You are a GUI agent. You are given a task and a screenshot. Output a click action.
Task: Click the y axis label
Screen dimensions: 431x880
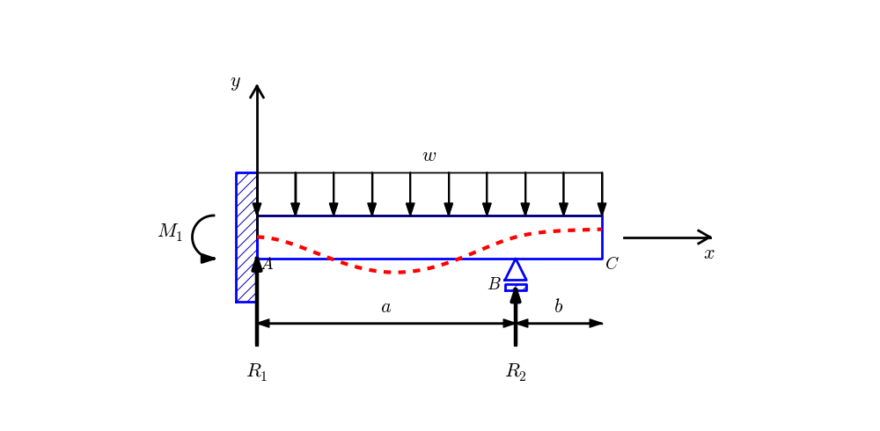235,83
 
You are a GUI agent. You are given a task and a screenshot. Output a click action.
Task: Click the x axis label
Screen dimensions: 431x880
708,254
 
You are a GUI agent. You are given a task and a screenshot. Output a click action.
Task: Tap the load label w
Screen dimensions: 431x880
429,157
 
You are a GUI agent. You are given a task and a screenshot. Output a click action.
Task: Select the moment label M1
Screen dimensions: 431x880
170,232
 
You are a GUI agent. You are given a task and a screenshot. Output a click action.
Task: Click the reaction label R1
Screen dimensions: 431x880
257,372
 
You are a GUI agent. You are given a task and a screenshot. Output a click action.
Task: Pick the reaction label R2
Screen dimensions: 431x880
516,372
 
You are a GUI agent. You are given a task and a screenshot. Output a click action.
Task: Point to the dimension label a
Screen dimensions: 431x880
385,307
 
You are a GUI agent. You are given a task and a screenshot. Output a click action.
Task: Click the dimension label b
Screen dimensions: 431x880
558,307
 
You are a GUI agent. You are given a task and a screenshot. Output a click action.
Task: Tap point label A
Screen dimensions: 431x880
268,264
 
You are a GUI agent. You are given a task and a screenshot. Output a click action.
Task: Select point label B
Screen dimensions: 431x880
494,285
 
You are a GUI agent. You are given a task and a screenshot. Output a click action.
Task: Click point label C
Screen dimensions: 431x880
612,264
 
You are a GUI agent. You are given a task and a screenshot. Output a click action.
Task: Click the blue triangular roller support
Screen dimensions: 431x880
516,271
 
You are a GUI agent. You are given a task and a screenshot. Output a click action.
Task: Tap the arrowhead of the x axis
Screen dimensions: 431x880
705,237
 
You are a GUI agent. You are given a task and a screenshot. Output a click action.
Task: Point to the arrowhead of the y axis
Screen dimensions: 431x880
257,91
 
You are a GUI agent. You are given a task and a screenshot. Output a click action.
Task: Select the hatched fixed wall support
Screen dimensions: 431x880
246,237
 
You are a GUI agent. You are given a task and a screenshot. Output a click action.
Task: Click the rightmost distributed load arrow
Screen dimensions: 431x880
602,194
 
